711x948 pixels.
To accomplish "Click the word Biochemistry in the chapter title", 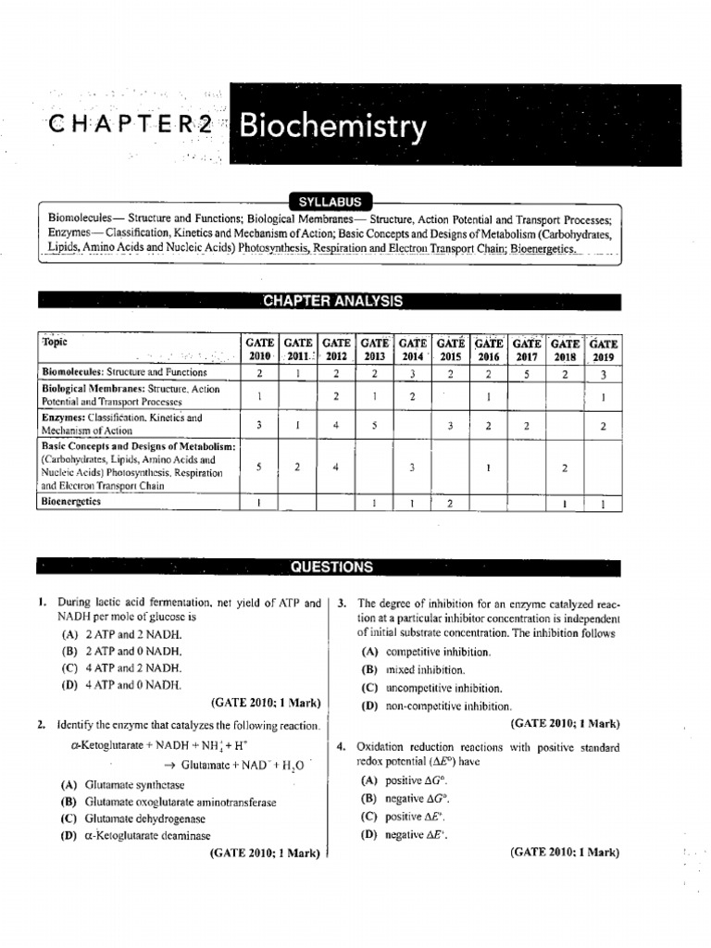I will [333, 127].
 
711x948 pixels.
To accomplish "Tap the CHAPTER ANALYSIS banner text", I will [333, 301].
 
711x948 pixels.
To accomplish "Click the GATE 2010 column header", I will [260, 349].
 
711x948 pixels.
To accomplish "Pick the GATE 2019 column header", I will [603, 349].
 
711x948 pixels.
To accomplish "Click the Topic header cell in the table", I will [56, 342].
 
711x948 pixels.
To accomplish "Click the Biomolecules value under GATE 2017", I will [526, 373].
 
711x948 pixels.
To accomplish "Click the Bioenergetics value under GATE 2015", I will [450, 503].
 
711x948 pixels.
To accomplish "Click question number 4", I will [342, 747].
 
